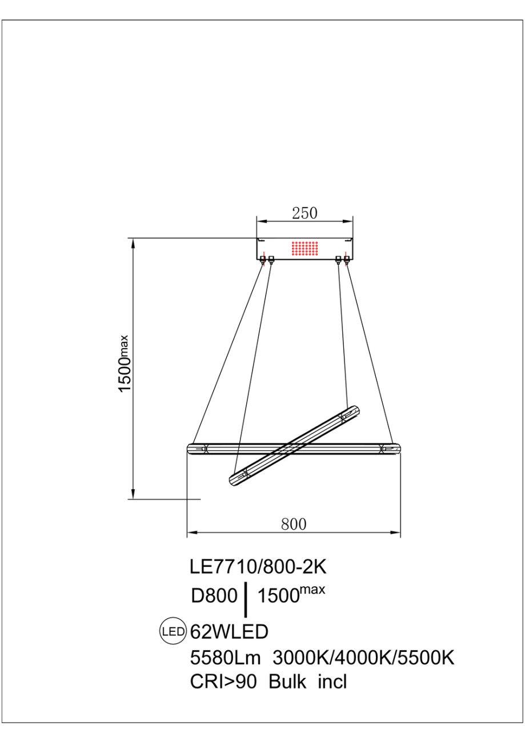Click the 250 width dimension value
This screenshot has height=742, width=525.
[x=304, y=213]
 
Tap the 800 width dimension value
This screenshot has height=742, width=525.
[x=294, y=524]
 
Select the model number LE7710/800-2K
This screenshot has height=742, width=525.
[x=258, y=567]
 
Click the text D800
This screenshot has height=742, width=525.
[x=214, y=596]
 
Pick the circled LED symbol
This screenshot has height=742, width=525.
[x=173, y=631]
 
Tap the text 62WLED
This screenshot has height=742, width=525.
[x=229, y=632]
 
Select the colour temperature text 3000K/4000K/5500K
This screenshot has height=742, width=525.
[x=363, y=658]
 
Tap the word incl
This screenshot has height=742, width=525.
[x=333, y=681]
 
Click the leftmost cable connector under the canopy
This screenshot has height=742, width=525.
[x=263, y=260]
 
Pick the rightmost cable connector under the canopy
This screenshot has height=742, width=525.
[x=347, y=260]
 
